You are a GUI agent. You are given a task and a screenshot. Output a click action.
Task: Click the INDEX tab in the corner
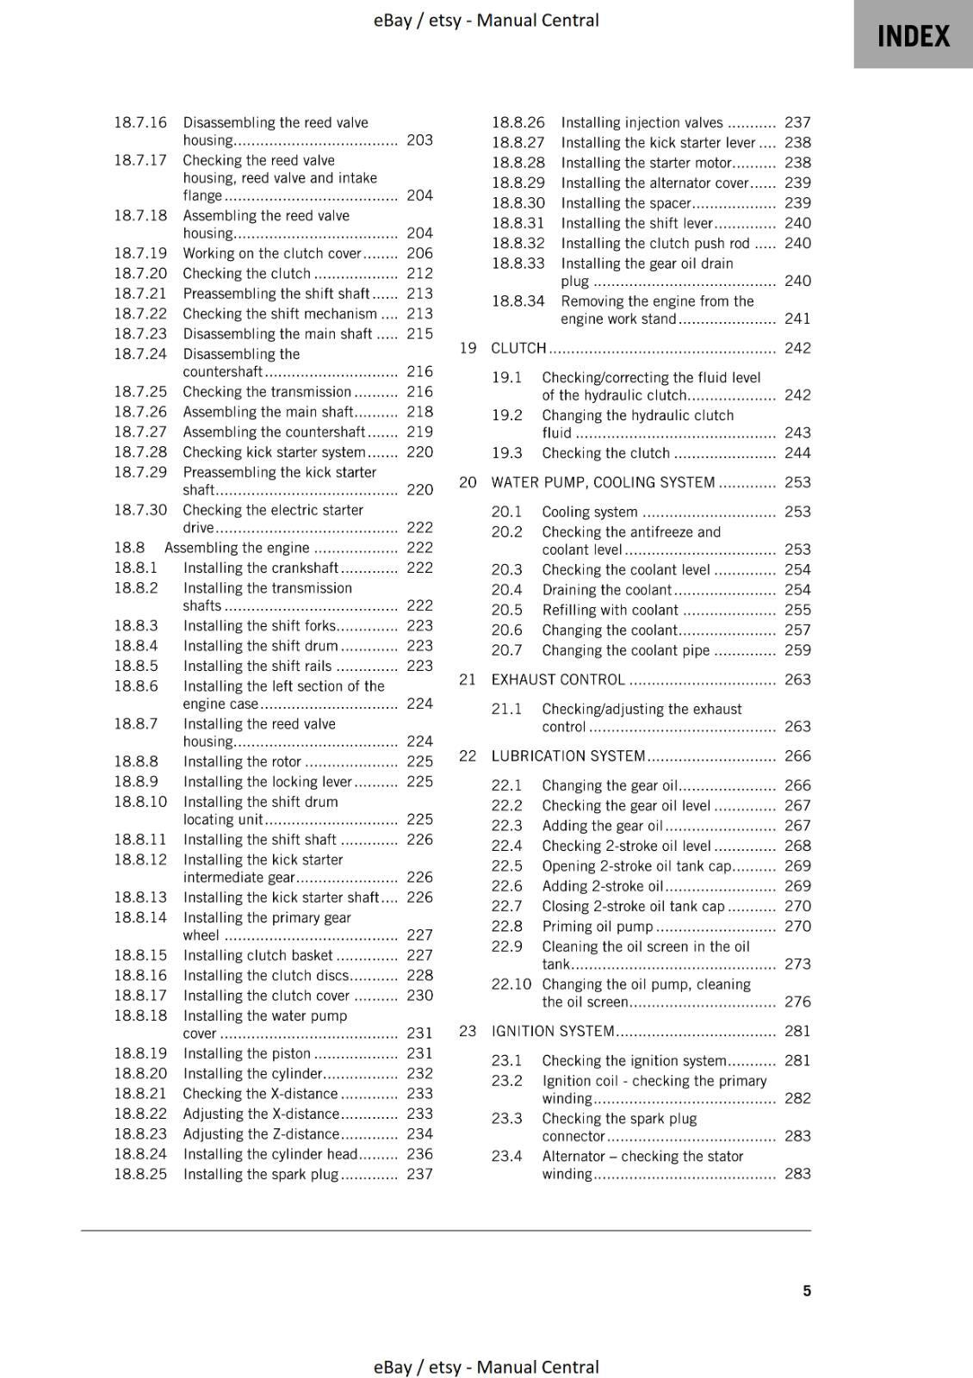click(913, 35)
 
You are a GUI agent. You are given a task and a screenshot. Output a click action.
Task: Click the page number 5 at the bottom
click(807, 1290)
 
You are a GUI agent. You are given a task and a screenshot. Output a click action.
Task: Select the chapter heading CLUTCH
click(518, 348)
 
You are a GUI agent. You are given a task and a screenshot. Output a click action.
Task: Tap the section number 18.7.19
click(140, 253)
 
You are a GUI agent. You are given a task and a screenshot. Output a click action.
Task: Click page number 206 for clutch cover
click(419, 253)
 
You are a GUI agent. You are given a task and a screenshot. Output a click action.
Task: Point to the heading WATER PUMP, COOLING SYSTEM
click(603, 482)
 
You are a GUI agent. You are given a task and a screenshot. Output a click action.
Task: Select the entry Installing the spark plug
click(261, 1174)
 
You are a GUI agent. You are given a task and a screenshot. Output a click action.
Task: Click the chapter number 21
click(468, 680)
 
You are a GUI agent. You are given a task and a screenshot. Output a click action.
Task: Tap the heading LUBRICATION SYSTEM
click(568, 756)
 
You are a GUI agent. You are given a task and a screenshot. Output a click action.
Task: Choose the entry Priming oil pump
click(598, 927)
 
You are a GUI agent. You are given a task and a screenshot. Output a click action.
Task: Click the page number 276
click(797, 1002)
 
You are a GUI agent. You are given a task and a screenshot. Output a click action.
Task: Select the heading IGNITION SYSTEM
click(553, 1031)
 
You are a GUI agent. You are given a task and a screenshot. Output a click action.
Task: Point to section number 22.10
click(511, 984)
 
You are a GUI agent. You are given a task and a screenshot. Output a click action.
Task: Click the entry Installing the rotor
click(242, 761)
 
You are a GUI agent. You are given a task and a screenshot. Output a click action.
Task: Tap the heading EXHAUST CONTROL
click(558, 680)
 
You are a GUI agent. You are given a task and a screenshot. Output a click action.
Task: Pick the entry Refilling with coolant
click(610, 610)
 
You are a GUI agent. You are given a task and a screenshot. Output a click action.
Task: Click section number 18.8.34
click(518, 301)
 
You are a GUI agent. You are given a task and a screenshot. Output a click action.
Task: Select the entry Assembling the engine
click(237, 548)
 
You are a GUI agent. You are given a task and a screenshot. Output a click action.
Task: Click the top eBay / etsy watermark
click(486, 20)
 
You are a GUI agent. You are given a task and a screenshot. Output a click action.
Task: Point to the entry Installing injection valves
click(641, 122)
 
